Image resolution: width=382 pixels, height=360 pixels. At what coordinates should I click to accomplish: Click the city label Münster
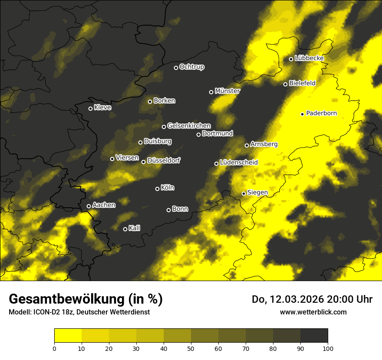pyautogui.click(x=227, y=91)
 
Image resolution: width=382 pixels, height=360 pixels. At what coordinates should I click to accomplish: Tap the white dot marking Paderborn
pyautogui.click(x=303, y=114)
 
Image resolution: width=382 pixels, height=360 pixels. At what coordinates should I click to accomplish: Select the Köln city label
pyautogui.click(x=168, y=188)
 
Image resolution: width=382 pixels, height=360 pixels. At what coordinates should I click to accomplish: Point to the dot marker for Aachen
pyautogui.click(x=89, y=206)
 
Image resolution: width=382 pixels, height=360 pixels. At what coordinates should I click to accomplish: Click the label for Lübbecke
pyautogui.click(x=309, y=58)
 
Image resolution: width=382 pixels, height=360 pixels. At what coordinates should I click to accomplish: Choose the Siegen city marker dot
pyautogui.click(x=244, y=193)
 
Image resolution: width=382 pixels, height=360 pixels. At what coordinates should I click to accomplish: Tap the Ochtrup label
pyautogui.click(x=192, y=67)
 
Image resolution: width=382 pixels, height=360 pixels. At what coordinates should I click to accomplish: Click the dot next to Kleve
pyautogui.click(x=91, y=108)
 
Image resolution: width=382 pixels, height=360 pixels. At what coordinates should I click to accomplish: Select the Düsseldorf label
pyautogui.click(x=164, y=160)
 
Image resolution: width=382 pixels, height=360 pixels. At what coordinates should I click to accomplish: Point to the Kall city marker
pyautogui.click(x=125, y=229)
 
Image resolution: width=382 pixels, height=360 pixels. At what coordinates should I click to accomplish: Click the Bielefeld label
pyautogui.click(x=302, y=83)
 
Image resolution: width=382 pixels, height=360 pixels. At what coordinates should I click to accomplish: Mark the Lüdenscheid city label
pyautogui.click(x=239, y=163)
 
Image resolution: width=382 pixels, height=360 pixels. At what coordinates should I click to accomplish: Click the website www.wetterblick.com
pyautogui.click(x=313, y=312)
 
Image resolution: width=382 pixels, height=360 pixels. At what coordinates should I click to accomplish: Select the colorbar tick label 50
pyautogui.click(x=191, y=348)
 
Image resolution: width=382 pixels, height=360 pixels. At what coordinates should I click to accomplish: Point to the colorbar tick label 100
pyautogui.click(x=328, y=348)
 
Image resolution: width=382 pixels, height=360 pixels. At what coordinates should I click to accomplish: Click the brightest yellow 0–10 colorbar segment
pyautogui.click(x=68, y=336)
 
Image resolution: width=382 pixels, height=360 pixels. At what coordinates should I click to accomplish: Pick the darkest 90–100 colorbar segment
pyautogui.click(x=314, y=336)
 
